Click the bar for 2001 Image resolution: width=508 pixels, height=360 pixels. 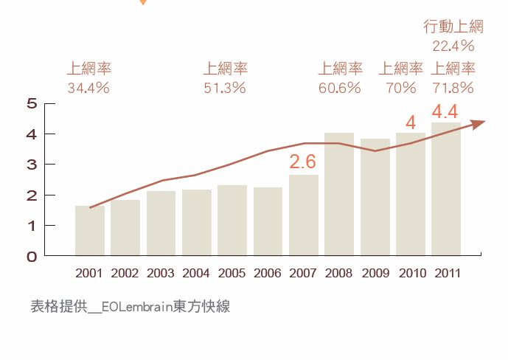tap(89, 231)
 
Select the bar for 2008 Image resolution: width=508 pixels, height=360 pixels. tap(339, 194)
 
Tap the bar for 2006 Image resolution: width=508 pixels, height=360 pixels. tap(268, 221)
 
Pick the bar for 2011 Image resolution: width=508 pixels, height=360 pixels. tap(446, 189)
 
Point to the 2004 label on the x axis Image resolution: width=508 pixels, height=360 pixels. tap(196, 274)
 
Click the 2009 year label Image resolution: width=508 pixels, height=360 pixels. tap(375, 274)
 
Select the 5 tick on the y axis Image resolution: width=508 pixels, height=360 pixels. tap(31, 103)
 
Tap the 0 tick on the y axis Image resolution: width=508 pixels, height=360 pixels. tap(31, 257)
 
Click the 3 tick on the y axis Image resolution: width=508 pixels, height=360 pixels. tap(31, 165)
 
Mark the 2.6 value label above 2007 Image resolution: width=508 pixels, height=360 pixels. tap(302, 162)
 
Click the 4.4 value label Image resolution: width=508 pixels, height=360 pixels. tap(445, 112)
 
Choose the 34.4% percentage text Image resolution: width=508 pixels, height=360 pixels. tap(88, 89)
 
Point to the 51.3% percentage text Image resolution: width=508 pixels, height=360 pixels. tap(224, 89)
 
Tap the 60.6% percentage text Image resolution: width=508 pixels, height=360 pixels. tap(339, 89)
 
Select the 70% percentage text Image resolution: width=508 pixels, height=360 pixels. tap(401, 89)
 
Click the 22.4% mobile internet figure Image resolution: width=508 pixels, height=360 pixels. tap(453, 46)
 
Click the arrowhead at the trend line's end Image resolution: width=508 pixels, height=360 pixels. tap(479, 123)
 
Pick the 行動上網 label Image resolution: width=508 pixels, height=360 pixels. tap(453, 27)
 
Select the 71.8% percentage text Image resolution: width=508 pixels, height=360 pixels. tap(453, 89)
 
